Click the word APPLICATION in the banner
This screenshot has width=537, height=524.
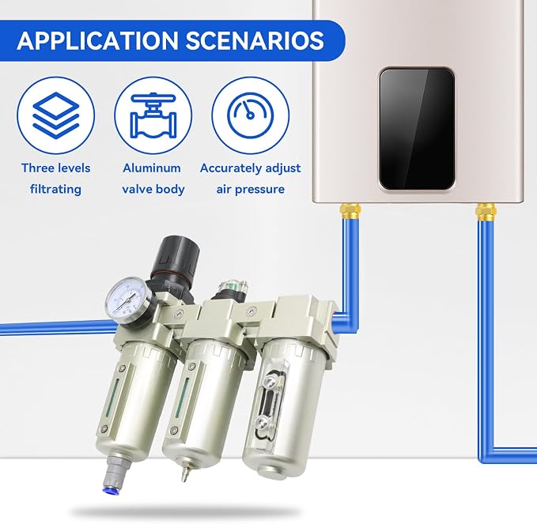pyautogui.click(x=97, y=41)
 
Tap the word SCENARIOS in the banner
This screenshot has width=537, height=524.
pyautogui.click(x=255, y=41)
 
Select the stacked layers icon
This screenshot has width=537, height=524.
pyautogui.click(x=56, y=115)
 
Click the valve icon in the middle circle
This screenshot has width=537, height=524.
pyautogui.click(x=153, y=115)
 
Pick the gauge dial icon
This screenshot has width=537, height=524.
pyautogui.click(x=251, y=115)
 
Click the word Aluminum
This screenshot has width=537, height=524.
pyautogui.click(x=152, y=168)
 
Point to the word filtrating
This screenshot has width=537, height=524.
pyautogui.click(x=55, y=189)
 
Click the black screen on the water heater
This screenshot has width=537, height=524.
pyautogui.click(x=417, y=129)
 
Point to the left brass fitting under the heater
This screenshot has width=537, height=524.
pyautogui.click(x=350, y=211)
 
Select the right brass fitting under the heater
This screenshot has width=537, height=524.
pyautogui.click(x=486, y=212)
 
